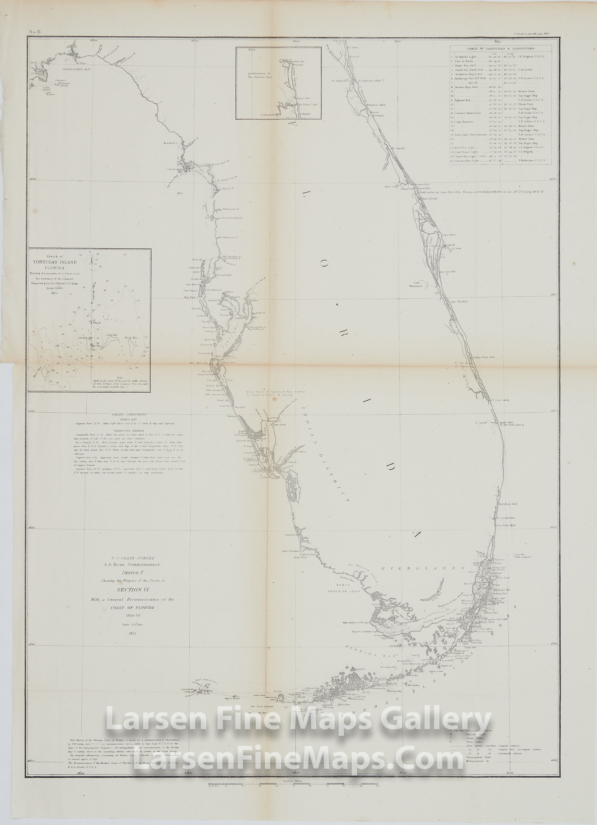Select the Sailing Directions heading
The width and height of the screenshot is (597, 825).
[129, 414]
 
